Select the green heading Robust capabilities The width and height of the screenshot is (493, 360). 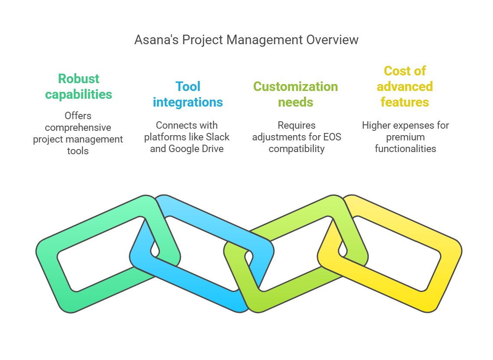78,87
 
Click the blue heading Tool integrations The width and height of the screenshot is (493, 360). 188,94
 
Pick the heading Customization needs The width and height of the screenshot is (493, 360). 296,94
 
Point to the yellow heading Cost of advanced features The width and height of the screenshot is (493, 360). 405,87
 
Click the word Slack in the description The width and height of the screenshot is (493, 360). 218,137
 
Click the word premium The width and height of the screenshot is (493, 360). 405,137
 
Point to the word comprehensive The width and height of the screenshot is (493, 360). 78,128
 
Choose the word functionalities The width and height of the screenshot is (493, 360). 405,149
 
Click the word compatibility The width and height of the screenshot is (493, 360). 297,149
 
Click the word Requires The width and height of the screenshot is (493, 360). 297,126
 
